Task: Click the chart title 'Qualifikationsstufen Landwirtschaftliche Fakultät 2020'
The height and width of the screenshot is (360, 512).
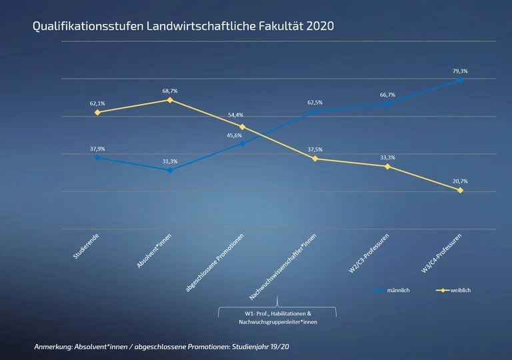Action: click(183, 27)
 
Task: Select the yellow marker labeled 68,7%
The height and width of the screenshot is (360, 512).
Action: click(170, 100)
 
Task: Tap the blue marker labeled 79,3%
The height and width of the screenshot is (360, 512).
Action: click(460, 80)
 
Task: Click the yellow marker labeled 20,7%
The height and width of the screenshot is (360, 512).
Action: click(460, 190)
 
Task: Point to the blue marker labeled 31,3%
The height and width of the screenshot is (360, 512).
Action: click(170, 170)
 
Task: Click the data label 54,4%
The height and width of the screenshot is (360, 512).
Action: click(235, 115)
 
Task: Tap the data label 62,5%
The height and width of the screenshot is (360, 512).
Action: click(315, 103)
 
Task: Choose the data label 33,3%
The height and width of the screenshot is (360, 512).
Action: click(387, 157)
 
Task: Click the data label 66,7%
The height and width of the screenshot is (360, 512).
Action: click(387, 95)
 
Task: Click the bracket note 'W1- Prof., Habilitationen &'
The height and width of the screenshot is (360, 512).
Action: click(277, 313)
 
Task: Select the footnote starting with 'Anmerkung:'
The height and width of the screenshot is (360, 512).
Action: click(161, 347)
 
